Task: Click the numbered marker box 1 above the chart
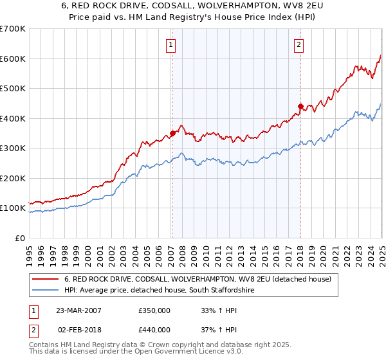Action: [171, 45]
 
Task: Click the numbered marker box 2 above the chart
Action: [300, 45]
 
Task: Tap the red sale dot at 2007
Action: [172, 134]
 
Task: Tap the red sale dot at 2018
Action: [300, 107]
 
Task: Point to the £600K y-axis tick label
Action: [13, 59]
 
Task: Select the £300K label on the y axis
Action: [13, 148]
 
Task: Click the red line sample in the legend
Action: [46, 279]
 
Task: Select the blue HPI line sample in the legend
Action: [46, 290]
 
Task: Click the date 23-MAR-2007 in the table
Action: [78, 310]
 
